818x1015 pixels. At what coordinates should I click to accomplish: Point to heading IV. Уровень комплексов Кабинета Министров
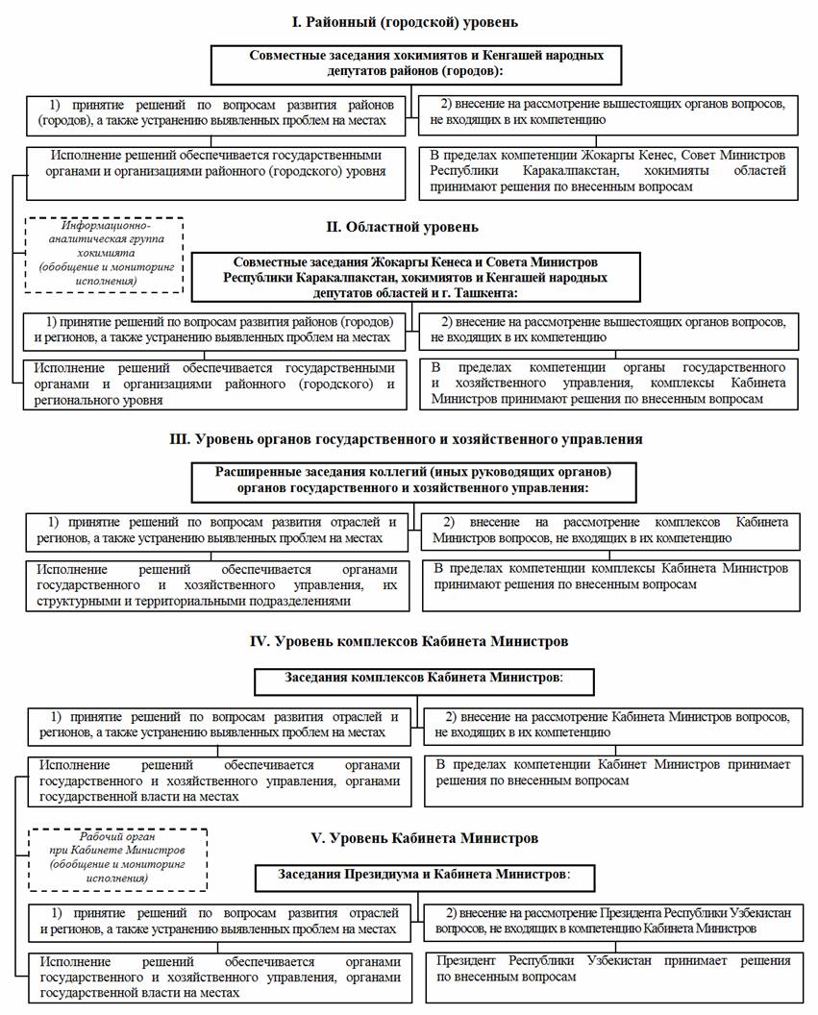[408, 640]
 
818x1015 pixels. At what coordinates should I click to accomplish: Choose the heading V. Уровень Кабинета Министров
[408, 838]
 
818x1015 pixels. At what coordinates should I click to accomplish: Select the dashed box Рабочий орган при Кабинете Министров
[117, 858]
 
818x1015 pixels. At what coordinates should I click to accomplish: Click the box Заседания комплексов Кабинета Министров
[423, 679]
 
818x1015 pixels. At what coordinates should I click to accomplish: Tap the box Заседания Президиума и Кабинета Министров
[424, 876]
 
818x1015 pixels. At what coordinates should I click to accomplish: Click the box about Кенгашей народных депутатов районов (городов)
[414, 63]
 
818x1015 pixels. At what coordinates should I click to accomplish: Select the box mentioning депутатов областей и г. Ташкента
[414, 277]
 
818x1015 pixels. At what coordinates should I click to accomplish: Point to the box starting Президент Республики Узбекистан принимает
[612, 976]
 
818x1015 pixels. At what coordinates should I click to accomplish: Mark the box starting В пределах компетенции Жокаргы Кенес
[607, 171]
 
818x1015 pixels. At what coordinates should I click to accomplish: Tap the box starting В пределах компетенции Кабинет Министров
[612, 780]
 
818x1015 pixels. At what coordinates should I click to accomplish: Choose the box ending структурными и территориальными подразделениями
[217, 584]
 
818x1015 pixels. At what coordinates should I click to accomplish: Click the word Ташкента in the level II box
[483, 291]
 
